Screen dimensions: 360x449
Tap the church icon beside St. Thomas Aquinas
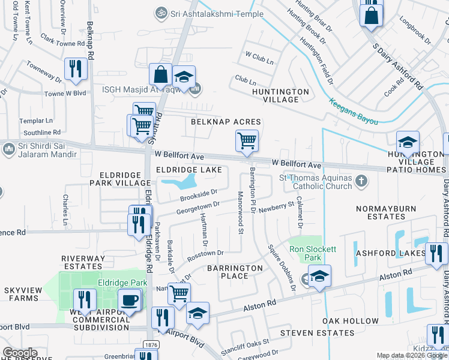pos(361,179)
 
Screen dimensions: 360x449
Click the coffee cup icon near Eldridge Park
pos(129,300)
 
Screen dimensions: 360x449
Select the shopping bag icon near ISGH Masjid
pos(161,74)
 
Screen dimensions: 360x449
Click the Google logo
pos(20,353)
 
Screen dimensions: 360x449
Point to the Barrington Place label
pos(235,272)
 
